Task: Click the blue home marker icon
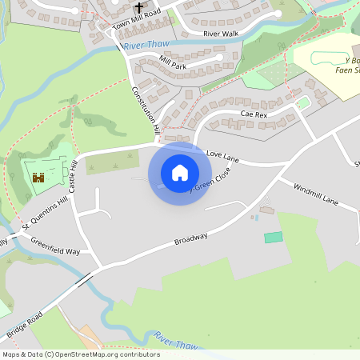click(180, 173)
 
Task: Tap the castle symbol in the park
click(38, 177)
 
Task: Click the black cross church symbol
click(138, 7)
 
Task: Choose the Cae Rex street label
click(254, 114)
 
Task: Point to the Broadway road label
click(191, 239)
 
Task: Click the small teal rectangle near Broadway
click(274, 238)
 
